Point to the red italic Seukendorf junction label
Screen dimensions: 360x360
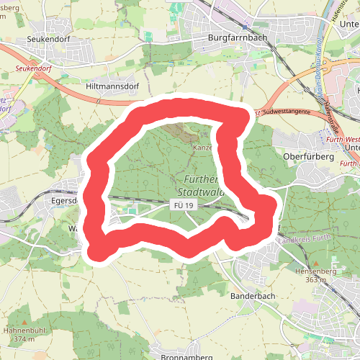click(x=34, y=70)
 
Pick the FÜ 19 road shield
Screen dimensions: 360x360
click(x=184, y=206)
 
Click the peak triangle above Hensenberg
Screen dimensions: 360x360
click(x=312, y=262)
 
